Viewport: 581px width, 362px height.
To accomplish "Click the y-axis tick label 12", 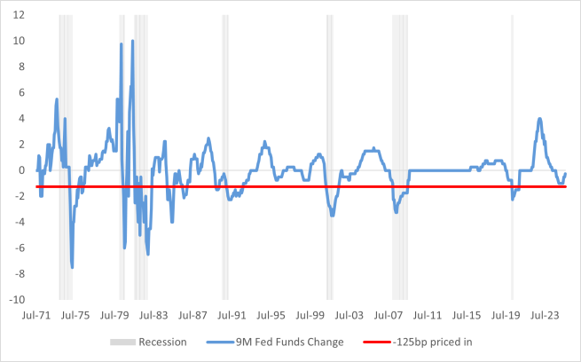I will coord(19,15).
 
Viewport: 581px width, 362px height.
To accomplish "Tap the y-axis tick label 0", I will coord(21,169).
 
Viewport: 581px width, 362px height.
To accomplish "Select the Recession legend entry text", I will coord(162,342).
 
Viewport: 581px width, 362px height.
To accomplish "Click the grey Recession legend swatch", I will coord(122,342).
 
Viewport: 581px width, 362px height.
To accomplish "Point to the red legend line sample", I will coord(374,342).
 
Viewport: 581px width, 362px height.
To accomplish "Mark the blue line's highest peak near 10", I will coord(133,41).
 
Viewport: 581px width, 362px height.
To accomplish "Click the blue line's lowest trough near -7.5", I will coord(72,267).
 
